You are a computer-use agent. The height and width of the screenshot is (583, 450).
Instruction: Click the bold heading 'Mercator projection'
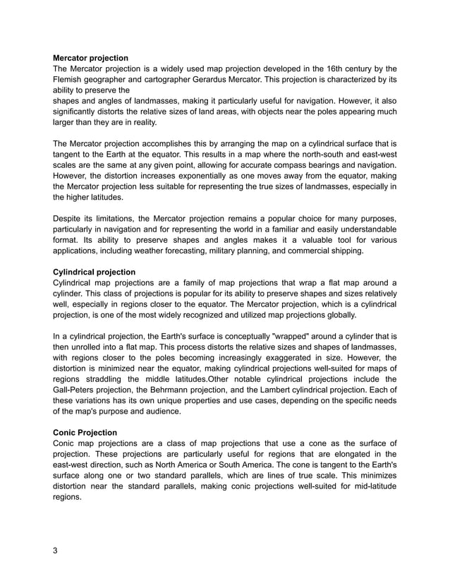pos(91,56)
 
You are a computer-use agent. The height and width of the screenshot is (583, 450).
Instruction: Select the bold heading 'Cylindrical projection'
pos(95,271)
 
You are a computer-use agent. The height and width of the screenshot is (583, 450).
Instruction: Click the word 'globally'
pos(339,315)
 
